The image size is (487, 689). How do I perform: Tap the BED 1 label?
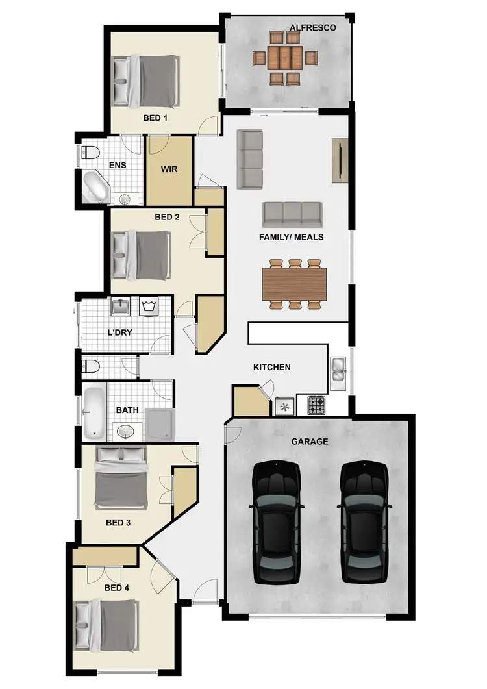click(156, 118)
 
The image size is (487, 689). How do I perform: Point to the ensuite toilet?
click(90, 153)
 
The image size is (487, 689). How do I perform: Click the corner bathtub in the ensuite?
click(97, 188)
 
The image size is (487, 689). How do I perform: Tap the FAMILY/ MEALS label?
click(292, 237)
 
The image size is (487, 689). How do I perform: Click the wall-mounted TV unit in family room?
click(339, 160)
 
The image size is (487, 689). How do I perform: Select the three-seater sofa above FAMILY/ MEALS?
click(293, 214)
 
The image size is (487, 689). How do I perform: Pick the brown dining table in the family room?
click(295, 283)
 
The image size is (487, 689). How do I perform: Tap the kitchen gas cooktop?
click(317, 406)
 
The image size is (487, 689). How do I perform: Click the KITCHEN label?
click(271, 367)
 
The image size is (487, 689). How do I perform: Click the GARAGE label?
click(309, 442)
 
